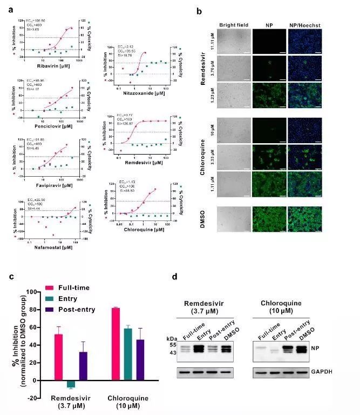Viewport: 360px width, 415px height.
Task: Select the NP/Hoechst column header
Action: point(305,25)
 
